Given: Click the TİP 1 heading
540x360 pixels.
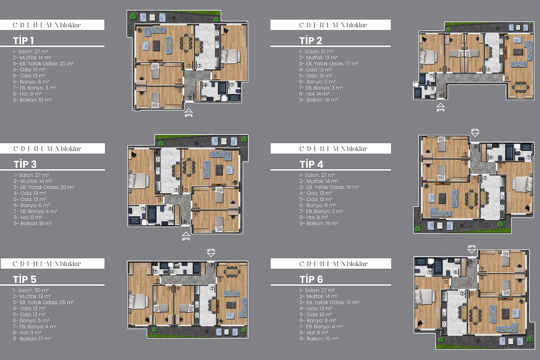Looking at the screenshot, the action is [x=23, y=40].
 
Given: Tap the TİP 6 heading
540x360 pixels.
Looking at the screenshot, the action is [x=311, y=279].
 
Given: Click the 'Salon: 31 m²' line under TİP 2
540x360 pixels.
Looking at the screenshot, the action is [x=316, y=51].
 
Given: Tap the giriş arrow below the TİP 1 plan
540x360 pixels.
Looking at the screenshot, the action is [x=189, y=111].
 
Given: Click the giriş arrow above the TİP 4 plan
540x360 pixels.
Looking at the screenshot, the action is [x=475, y=135].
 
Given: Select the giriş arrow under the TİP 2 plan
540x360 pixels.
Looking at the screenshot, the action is [x=440, y=105].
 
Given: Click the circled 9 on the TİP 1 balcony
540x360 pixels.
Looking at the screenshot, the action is [x=173, y=18].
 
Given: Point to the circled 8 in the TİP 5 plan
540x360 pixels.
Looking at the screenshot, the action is [x=212, y=265].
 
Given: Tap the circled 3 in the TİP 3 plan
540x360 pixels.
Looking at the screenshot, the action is [x=160, y=200].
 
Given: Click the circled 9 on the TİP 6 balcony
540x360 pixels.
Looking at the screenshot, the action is [x=478, y=341].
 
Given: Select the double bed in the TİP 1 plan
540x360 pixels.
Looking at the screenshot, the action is [x=231, y=56].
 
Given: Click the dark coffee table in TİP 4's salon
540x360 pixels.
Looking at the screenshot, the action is [x=442, y=198].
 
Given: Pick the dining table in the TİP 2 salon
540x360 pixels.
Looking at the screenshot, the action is [x=520, y=87].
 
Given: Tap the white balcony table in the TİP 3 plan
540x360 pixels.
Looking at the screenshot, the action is [x=224, y=141].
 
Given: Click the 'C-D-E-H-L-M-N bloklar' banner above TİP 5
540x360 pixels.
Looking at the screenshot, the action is [x=53, y=263].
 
